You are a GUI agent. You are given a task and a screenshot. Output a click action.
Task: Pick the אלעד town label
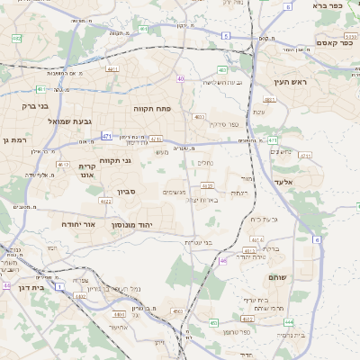(309, 183)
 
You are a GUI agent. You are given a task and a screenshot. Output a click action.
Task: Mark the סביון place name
(124, 191)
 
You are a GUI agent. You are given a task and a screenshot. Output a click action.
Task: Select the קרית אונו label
(87, 172)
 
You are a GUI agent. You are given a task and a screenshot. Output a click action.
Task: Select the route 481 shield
(144, 29)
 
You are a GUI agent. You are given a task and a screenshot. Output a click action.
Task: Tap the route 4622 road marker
(106, 202)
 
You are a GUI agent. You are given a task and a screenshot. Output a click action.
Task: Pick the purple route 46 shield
(223, 261)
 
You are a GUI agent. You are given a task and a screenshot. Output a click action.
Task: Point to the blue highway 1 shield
(60, 285)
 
